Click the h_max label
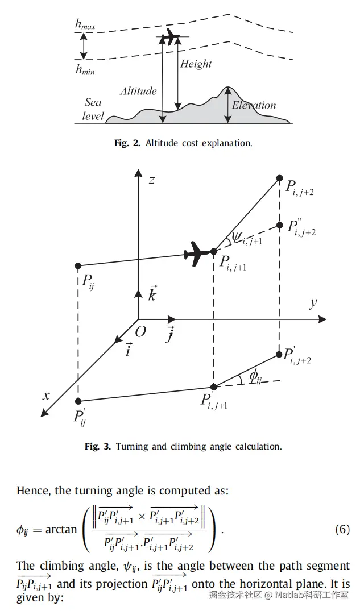pos(85,24)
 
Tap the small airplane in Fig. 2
pos(169,38)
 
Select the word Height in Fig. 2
pos(196,64)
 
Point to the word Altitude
pos(138,90)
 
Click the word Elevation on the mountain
pos(254,105)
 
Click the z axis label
pos(151,180)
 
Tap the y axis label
pos(313,302)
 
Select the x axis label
pos(47,396)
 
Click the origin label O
pos(140,331)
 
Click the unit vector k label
pos(152,294)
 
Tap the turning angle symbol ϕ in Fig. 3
pos(254,377)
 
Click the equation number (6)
pos(342,530)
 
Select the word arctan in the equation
pos(61,529)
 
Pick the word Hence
pos(32,491)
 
